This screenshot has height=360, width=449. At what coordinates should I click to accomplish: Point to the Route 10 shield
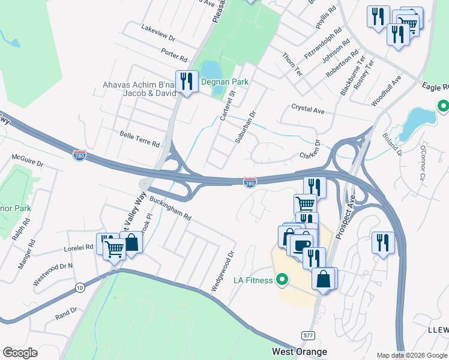click(79, 288)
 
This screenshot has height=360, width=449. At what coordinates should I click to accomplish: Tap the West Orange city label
click(300, 352)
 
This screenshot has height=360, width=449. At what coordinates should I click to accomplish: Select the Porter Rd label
click(175, 55)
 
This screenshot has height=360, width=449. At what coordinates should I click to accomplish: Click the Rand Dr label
click(66, 313)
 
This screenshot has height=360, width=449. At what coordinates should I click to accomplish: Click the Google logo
click(20, 353)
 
